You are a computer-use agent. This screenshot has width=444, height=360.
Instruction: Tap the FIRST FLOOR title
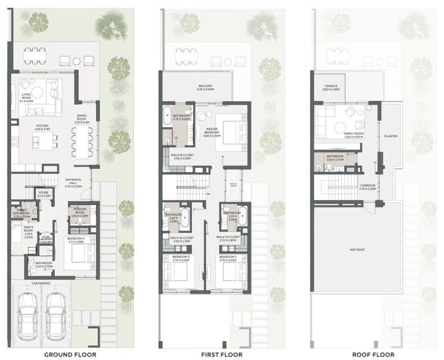[223, 354]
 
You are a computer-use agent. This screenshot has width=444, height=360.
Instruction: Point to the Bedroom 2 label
[181, 258]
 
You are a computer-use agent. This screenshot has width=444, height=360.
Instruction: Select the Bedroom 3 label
[229, 258]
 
